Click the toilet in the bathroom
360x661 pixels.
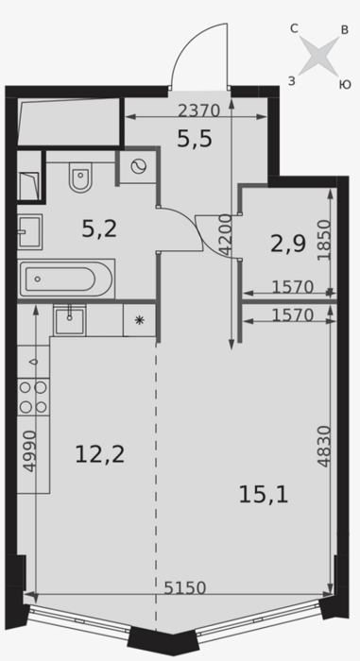tap(80, 178)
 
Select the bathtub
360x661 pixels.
tap(66, 280)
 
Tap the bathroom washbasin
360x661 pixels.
tap(29, 231)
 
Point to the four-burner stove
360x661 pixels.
tap(34, 397)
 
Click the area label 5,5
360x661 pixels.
tap(194, 139)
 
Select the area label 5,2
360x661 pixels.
tap(99, 229)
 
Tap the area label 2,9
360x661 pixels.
tap(288, 244)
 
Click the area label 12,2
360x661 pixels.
tap(99, 455)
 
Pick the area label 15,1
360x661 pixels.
tap(264, 495)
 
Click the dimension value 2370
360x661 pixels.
tap(198, 110)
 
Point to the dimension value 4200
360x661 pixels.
tap(226, 235)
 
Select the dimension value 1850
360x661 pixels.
tap(324, 240)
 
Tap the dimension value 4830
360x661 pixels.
tap(324, 446)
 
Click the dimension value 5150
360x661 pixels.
tap(185, 587)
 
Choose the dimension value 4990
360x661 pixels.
tap(30, 451)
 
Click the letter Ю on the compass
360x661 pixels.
tap(345, 85)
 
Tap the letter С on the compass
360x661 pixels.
tap(294, 28)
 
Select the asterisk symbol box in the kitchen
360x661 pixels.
tap(139, 320)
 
